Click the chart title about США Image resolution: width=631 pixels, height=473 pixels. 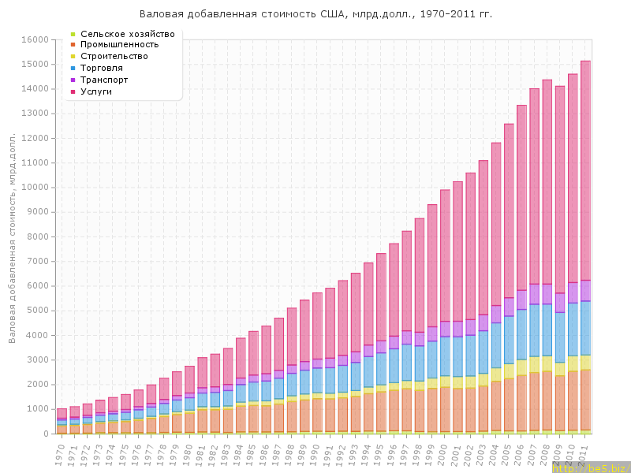[x=315, y=14]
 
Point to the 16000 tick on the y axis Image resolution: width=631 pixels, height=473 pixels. [x=35, y=39]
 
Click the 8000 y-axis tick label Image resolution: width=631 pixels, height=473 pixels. [x=38, y=236]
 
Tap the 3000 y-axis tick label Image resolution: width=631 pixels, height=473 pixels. [x=38, y=359]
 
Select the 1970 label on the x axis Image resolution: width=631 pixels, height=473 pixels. [x=60, y=453]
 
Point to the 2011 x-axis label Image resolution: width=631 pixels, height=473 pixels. [x=584, y=453]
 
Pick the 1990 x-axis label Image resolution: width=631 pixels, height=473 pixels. [x=315, y=453]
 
